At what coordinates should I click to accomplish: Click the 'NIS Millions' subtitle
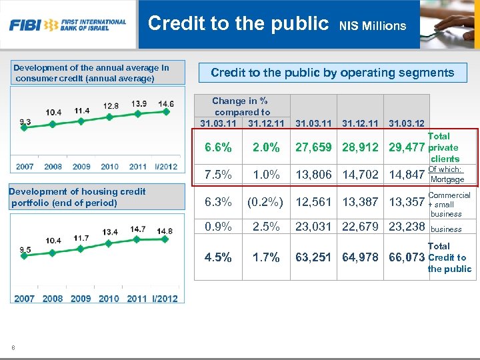click(372, 26)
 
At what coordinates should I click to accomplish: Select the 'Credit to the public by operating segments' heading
click(332, 73)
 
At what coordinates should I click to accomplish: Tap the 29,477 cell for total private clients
click(407, 147)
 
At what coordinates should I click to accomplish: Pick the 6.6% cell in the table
click(217, 147)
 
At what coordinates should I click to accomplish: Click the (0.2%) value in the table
click(265, 201)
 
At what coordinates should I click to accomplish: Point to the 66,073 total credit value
click(407, 257)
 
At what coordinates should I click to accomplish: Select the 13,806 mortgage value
click(313, 174)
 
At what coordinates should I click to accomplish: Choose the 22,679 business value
click(360, 227)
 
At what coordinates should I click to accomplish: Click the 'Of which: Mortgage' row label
click(447, 174)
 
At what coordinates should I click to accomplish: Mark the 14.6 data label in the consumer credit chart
click(166, 104)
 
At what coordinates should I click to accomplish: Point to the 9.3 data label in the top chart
click(25, 121)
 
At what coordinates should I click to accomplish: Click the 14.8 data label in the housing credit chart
click(165, 231)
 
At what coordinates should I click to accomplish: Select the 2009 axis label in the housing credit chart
click(81, 299)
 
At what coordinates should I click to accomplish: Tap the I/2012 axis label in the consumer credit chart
click(165, 166)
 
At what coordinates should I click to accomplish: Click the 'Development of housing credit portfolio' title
click(77, 197)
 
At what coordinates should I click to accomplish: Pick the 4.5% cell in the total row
click(217, 257)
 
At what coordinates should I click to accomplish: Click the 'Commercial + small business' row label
click(448, 205)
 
